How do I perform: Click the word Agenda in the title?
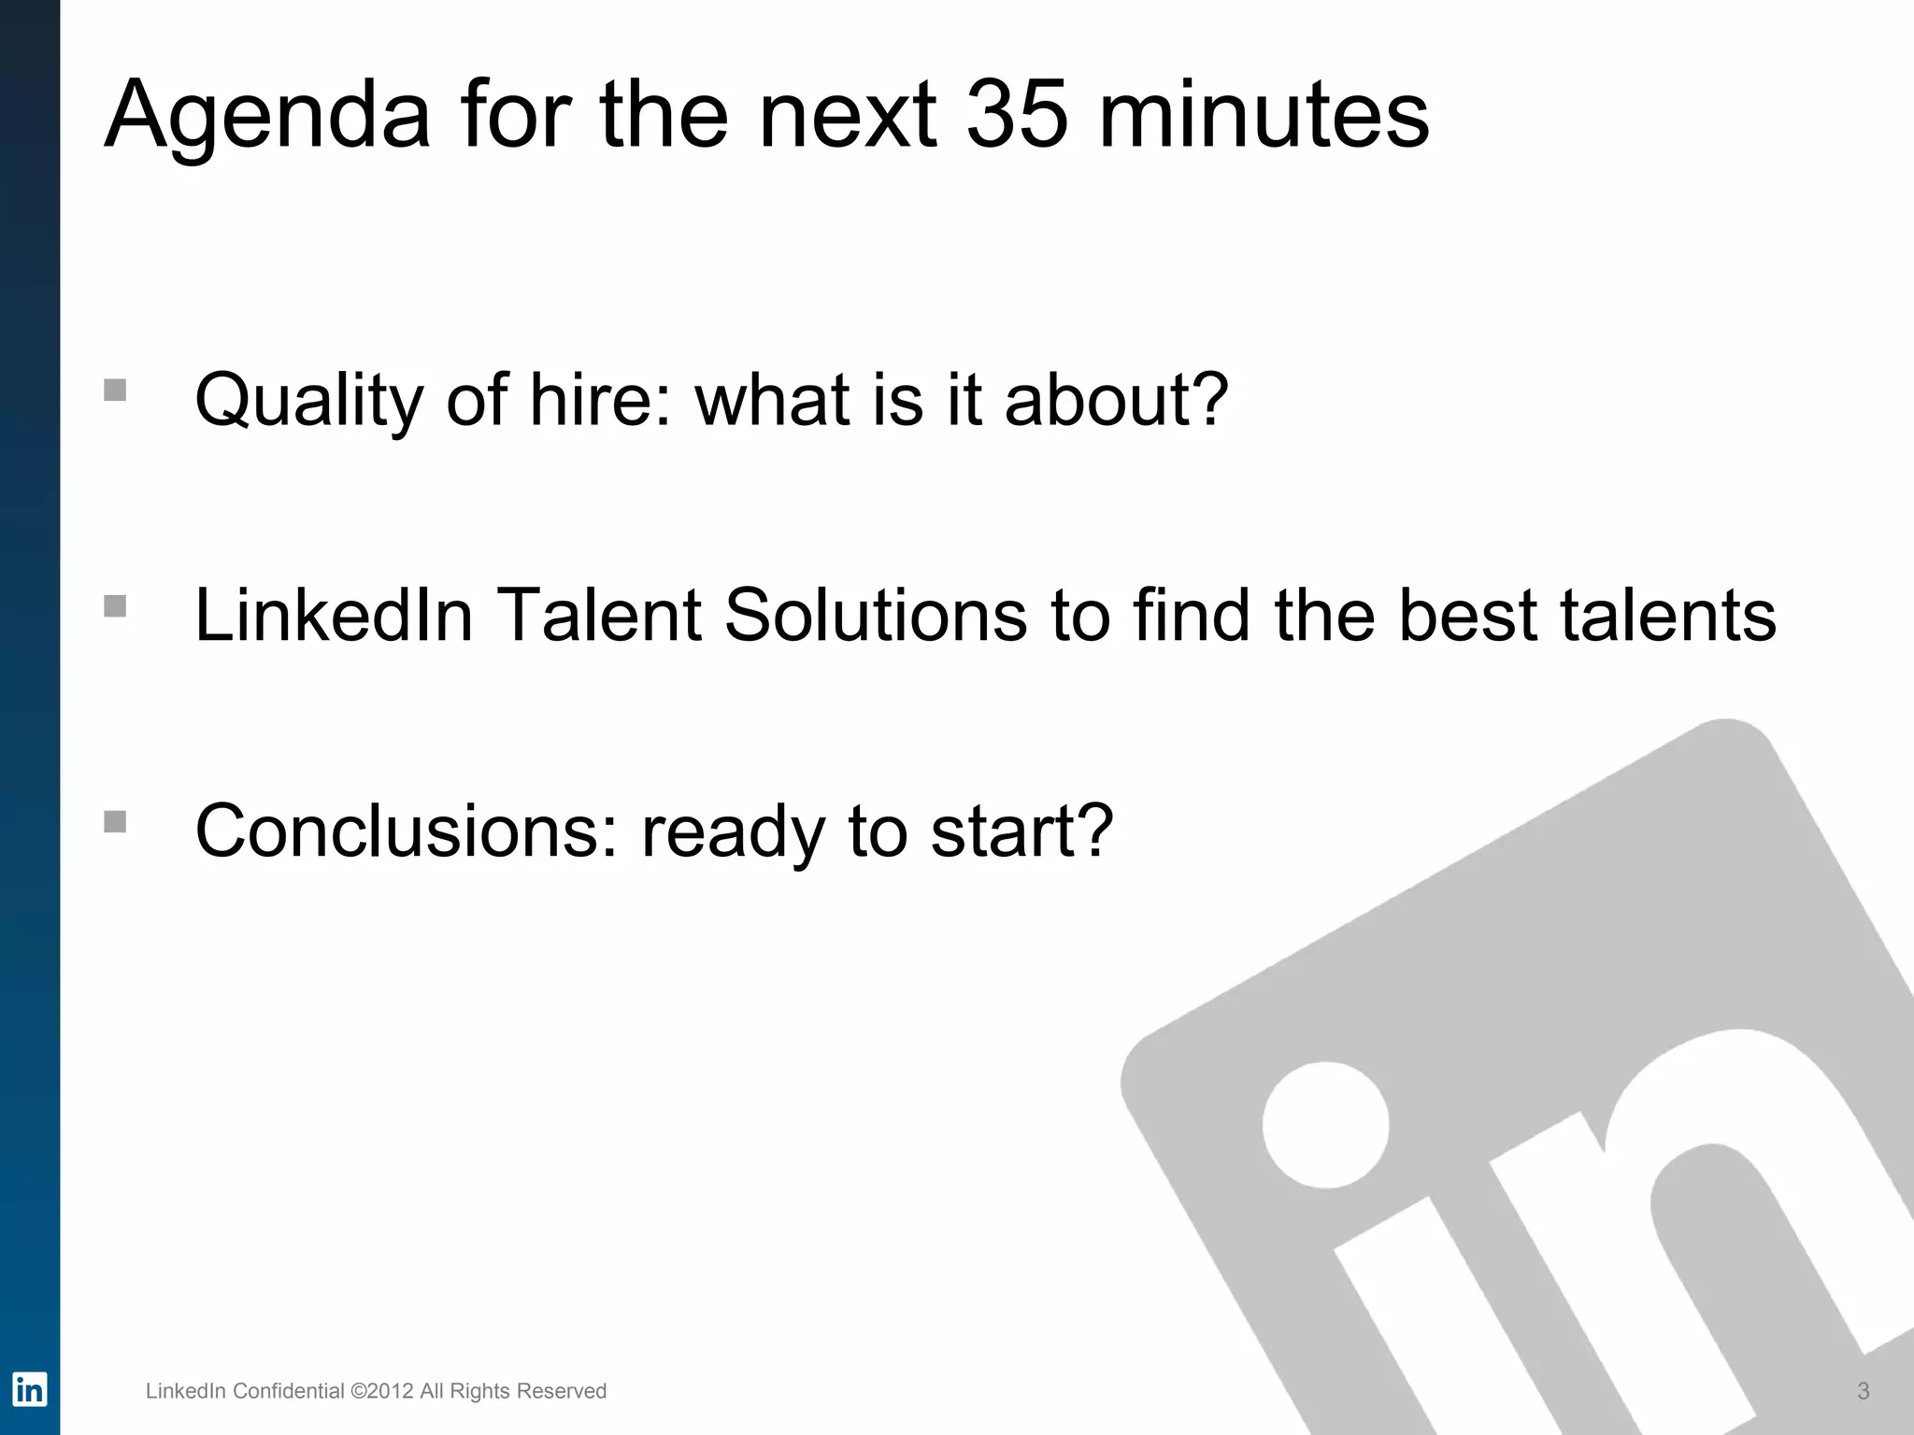[x=267, y=117]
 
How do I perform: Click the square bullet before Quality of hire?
[x=115, y=390]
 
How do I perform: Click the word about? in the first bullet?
[x=1116, y=399]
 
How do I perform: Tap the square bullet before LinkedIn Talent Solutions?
[x=115, y=605]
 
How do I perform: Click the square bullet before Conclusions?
[x=115, y=821]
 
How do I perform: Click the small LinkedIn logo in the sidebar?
[x=29, y=1389]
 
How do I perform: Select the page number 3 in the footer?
[x=1863, y=1391]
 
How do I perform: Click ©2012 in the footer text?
[x=381, y=1391]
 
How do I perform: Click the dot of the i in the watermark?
[x=1325, y=1125]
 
